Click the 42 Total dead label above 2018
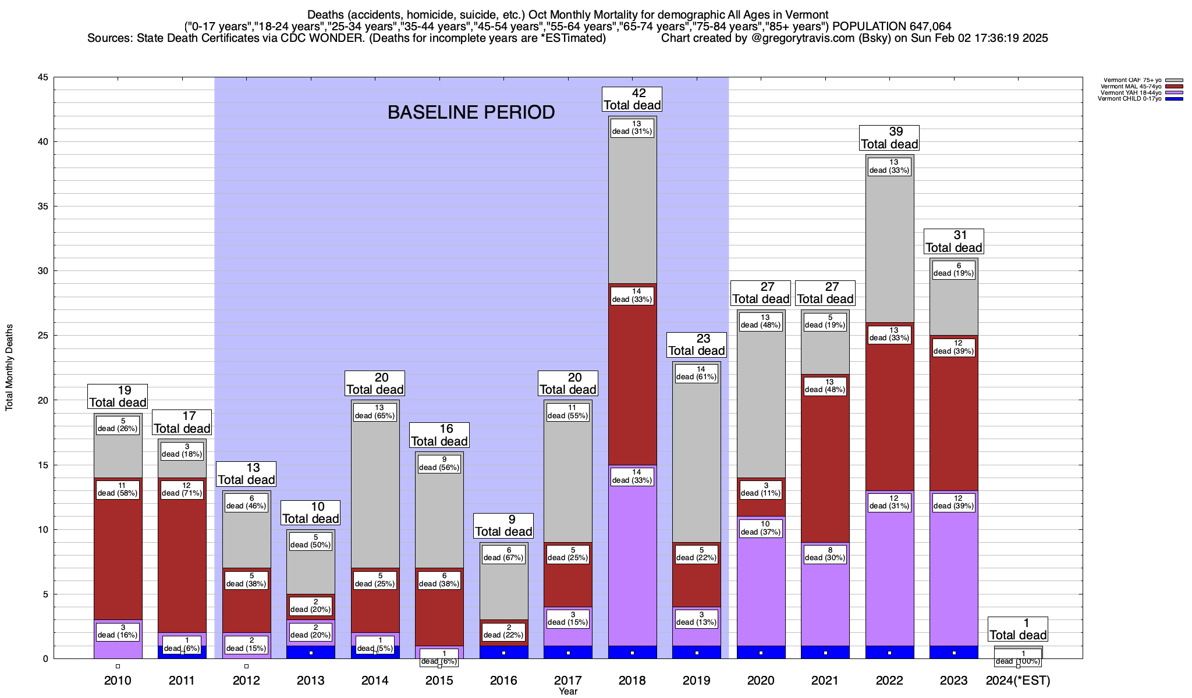point(632,99)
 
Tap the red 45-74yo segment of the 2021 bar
point(825,465)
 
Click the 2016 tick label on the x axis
point(503,680)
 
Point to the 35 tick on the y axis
point(42,206)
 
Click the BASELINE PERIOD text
point(471,112)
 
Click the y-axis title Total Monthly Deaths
point(9,368)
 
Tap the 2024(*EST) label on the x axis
point(1018,680)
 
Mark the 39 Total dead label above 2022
point(889,138)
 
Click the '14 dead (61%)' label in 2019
point(697,373)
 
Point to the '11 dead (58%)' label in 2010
point(118,489)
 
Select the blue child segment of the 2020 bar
point(761,652)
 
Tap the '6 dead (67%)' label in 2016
point(503,554)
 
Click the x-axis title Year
point(567,691)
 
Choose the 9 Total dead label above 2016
point(503,525)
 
